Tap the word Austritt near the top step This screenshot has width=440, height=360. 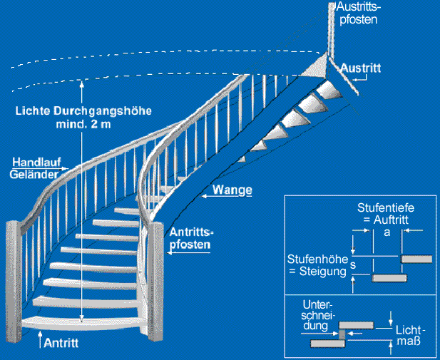362,68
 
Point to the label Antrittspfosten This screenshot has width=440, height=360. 190,238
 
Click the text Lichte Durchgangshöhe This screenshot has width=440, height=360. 66,111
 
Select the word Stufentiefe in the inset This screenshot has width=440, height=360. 386,208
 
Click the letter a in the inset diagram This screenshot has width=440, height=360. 386,232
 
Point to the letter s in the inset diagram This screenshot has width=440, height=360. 353,264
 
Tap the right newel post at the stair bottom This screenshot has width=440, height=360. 161,285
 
